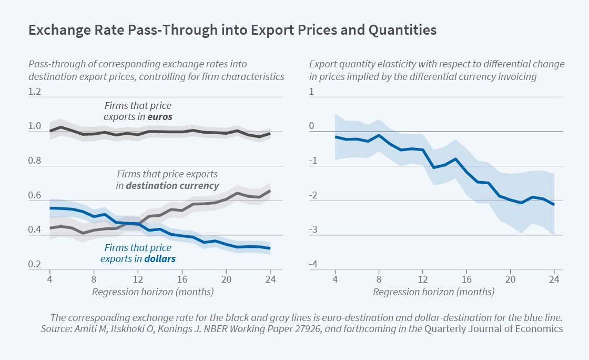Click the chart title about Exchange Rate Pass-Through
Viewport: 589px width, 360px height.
tap(232, 30)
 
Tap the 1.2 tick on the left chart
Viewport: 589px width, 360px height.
tap(35, 92)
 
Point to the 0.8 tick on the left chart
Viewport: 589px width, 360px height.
tap(35, 161)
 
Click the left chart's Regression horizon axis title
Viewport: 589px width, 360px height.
tap(153, 291)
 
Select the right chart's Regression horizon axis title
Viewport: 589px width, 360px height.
tap(434, 291)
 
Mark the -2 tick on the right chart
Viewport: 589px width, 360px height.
tap(312, 196)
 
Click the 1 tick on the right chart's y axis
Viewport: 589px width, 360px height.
tap(311, 92)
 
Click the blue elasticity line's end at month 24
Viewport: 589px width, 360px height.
tap(554, 204)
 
